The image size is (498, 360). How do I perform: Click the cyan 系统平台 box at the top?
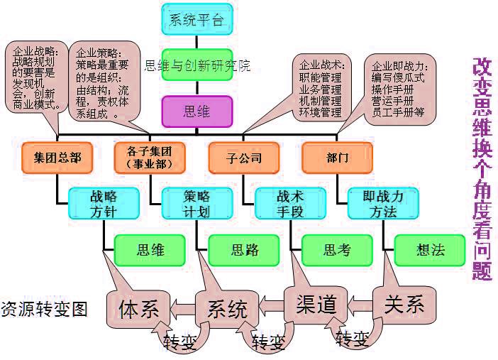(x=197, y=19)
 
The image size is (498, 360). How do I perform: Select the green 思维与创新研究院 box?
(x=197, y=66)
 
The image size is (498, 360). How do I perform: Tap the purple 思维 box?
(x=197, y=111)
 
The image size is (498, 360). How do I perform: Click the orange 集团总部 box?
(x=57, y=158)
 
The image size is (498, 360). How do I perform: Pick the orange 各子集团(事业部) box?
(x=150, y=158)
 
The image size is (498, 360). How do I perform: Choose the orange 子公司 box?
(x=243, y=158)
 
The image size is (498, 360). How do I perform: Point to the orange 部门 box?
(x=337, y=158)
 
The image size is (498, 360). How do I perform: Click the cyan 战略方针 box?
(x=104, y=203)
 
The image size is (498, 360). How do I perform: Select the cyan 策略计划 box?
(x=197, y=203)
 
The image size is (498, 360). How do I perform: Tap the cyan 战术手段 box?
(x=289, y=203)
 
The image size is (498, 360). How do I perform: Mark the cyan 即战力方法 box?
(x=383, y=203)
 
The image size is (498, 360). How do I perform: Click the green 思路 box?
(x=243, y=250)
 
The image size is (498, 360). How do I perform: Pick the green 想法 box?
(x=429, y=250)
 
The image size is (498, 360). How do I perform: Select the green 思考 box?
(x=336, y=250)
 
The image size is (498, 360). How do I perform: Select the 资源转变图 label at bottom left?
(x=44, y=310)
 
